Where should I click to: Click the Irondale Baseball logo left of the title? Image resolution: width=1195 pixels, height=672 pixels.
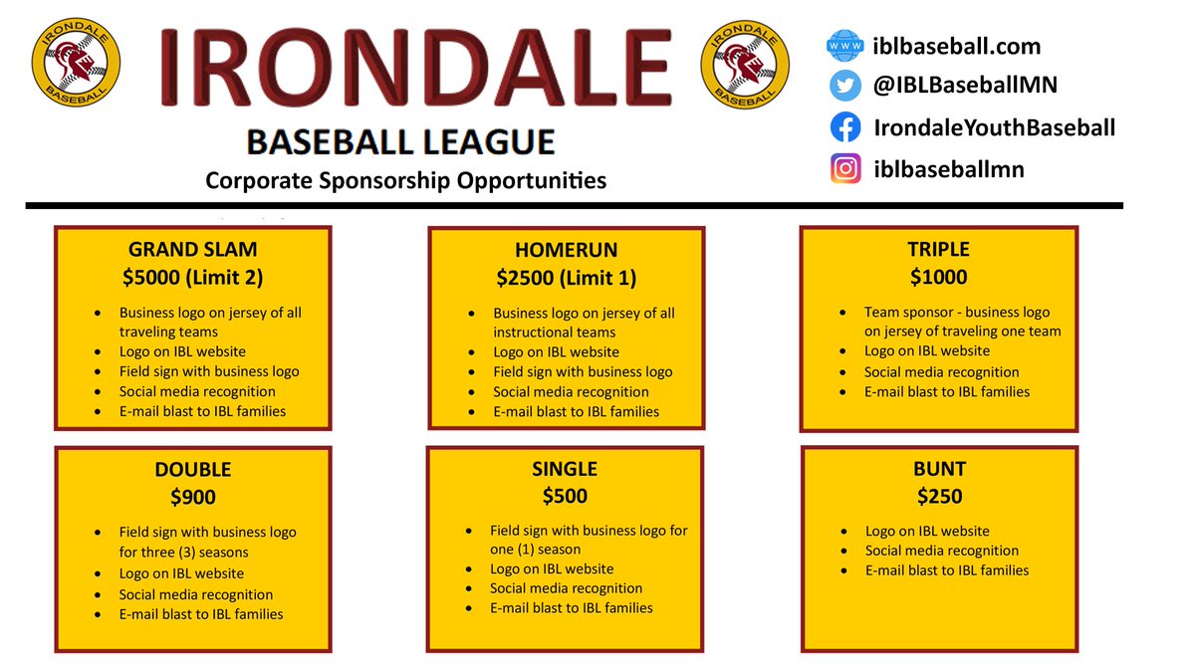pos(77,64)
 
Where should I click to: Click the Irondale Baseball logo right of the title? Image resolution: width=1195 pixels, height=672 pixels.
pos(746,64)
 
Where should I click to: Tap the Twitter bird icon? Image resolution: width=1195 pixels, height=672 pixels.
pos(844,87)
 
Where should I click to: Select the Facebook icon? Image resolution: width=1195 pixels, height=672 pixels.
pos(844,127)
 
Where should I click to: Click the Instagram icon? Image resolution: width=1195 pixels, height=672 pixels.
pos(844,169)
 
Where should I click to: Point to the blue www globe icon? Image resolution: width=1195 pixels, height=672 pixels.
pos(844,46)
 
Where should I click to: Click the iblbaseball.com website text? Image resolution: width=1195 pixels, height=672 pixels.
pos(956,46)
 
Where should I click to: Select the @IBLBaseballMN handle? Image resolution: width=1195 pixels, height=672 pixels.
pos(965,87)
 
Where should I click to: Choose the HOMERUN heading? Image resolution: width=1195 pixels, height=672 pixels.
pos(566,251)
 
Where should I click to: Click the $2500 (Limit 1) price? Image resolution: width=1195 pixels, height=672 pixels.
pos(566,279)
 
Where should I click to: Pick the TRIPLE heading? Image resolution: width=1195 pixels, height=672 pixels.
pos(938,250)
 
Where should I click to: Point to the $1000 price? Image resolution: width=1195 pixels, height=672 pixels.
pos(938,278)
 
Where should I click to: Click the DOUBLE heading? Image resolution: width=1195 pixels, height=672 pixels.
pos(192,470)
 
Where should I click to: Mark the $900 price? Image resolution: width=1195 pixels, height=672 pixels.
pos(192,498)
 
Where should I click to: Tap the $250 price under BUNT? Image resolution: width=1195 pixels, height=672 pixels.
pos(938,497)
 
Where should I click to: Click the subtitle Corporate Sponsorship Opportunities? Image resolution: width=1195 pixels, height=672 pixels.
pos(405,181)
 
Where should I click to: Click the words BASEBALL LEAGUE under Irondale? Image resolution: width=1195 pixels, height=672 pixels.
pos(400,142)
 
